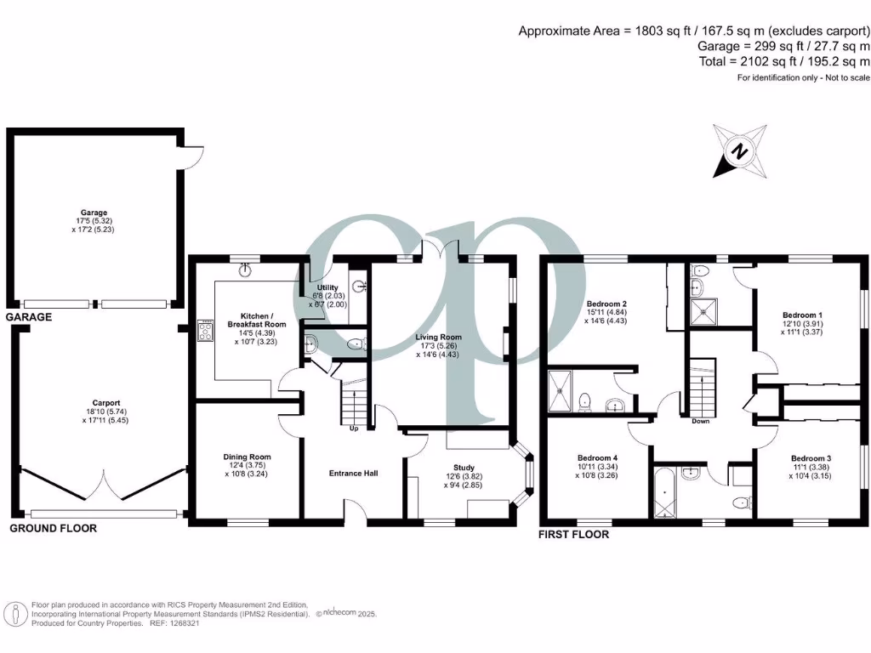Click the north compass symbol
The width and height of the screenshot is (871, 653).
tap(740, 151)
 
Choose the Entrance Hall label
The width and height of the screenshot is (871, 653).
tap(354, 474)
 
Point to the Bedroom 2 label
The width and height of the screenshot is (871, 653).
tap(606, 304)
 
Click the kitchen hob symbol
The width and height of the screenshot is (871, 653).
tap(206, 330)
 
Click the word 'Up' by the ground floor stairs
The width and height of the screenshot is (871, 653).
tap(354, 428)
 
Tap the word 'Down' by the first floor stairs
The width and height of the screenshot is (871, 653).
tap(701, 421)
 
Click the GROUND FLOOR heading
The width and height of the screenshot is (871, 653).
tap(53, 528)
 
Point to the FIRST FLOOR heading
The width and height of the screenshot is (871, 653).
tap(574, 535)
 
